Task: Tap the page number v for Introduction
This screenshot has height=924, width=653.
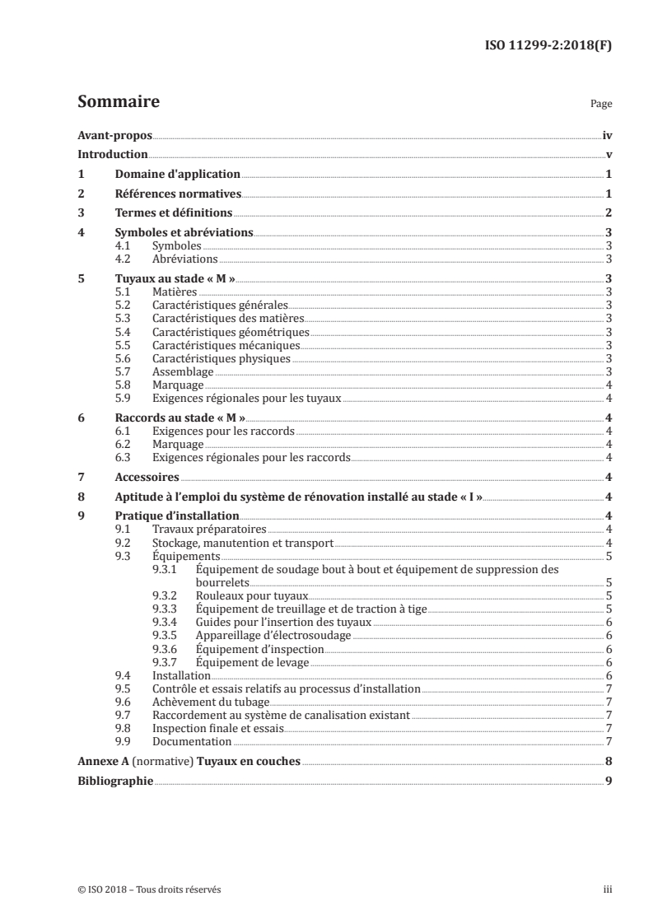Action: (607, 155)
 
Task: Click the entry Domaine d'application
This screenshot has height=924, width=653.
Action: (177, 175)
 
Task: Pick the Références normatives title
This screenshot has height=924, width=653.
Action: (177, 194)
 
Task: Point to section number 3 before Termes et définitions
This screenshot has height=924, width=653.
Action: (81, 213)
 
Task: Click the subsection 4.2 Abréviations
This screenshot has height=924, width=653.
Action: (185, 259)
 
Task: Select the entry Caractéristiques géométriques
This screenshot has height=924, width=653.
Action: (219, 332)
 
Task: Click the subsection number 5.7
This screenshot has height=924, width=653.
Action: (122, 372)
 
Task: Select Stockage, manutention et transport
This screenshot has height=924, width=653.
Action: (242, 543)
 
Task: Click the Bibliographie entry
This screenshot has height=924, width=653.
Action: (114, 780)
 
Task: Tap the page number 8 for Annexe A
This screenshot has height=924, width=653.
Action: (607, 761)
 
